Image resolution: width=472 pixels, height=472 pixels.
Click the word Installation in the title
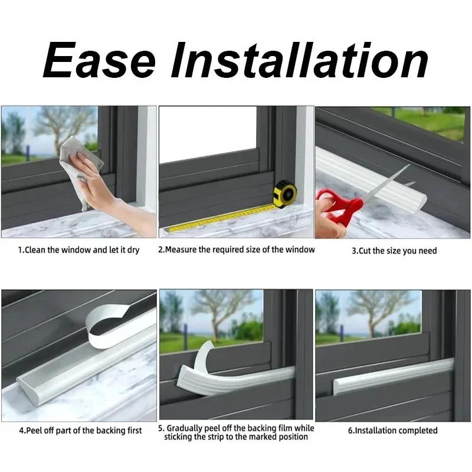[x=300, y=60]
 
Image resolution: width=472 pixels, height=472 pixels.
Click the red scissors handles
[x=339, y=208]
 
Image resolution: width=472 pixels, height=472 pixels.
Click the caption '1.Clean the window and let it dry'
[x=78, y=250]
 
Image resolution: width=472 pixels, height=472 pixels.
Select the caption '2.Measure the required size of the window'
[x=236, y=250]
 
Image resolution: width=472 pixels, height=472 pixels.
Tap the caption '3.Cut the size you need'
[x=394, y=251]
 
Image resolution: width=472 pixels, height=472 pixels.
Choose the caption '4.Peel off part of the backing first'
[x=80, y=430]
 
